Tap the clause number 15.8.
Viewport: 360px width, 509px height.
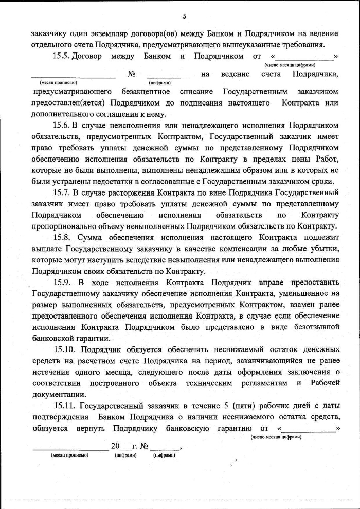click(64, 238)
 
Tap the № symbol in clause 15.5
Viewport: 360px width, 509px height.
click(131, 74)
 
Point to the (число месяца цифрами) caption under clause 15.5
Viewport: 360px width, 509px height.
click(290, 65)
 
